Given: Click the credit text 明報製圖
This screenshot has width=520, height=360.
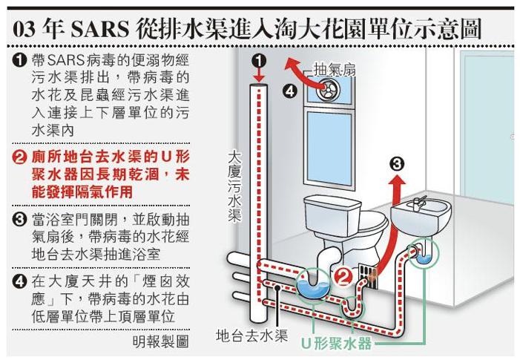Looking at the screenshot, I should pyautogui.click(x=159, y=342).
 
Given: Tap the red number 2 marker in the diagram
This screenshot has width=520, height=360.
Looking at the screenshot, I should pyautogui.click(x=343, y=278).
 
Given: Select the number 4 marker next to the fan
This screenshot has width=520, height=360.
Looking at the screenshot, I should pyautogui.click(x=291, y=92).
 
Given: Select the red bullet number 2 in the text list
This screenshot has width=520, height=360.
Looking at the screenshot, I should pyautogui.click(x=21, y=157).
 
